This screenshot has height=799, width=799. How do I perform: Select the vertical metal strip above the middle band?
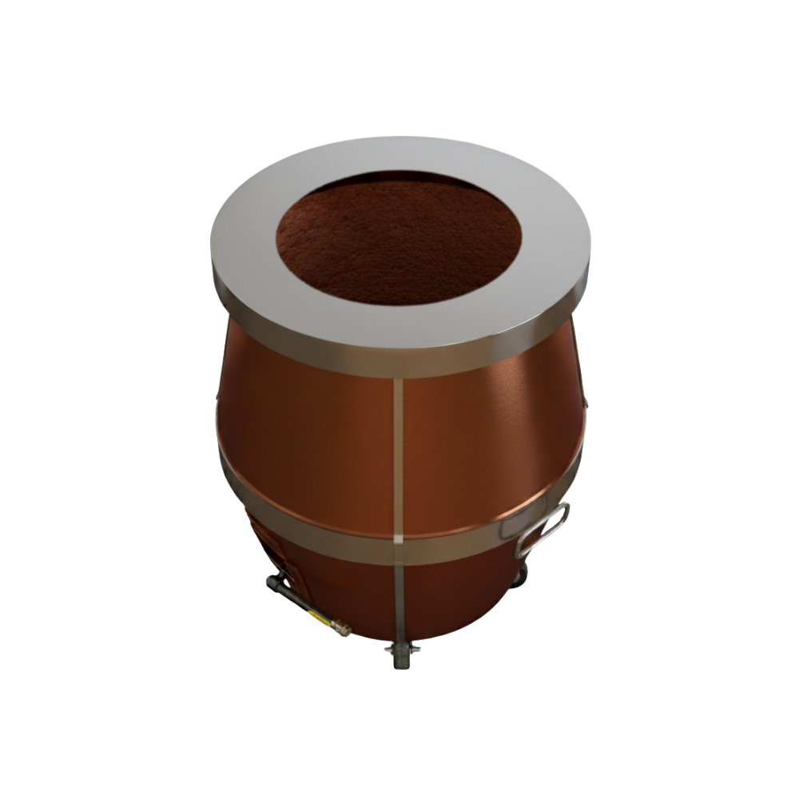398,447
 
